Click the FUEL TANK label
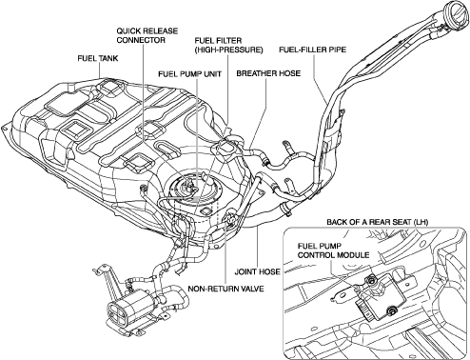tap(98, 58)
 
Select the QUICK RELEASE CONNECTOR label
tap(147, 35)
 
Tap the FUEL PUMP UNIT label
tap(190, 74)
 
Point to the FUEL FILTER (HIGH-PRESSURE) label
tap(228, 45)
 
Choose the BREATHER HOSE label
tap(268, 73)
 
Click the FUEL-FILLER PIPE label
tap(312, 50)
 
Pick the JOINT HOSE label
tap(257, 271)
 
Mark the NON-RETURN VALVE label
tap(225, 289)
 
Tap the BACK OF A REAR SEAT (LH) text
tap(378, 222)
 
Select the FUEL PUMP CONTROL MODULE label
tap(334, 250)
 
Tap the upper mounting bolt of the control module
tap(369, 279)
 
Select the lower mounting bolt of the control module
tap(392, 311)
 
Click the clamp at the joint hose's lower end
tap(286, 210)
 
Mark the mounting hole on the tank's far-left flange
tap(5, 128)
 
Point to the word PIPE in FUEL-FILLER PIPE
tap(337, 50)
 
